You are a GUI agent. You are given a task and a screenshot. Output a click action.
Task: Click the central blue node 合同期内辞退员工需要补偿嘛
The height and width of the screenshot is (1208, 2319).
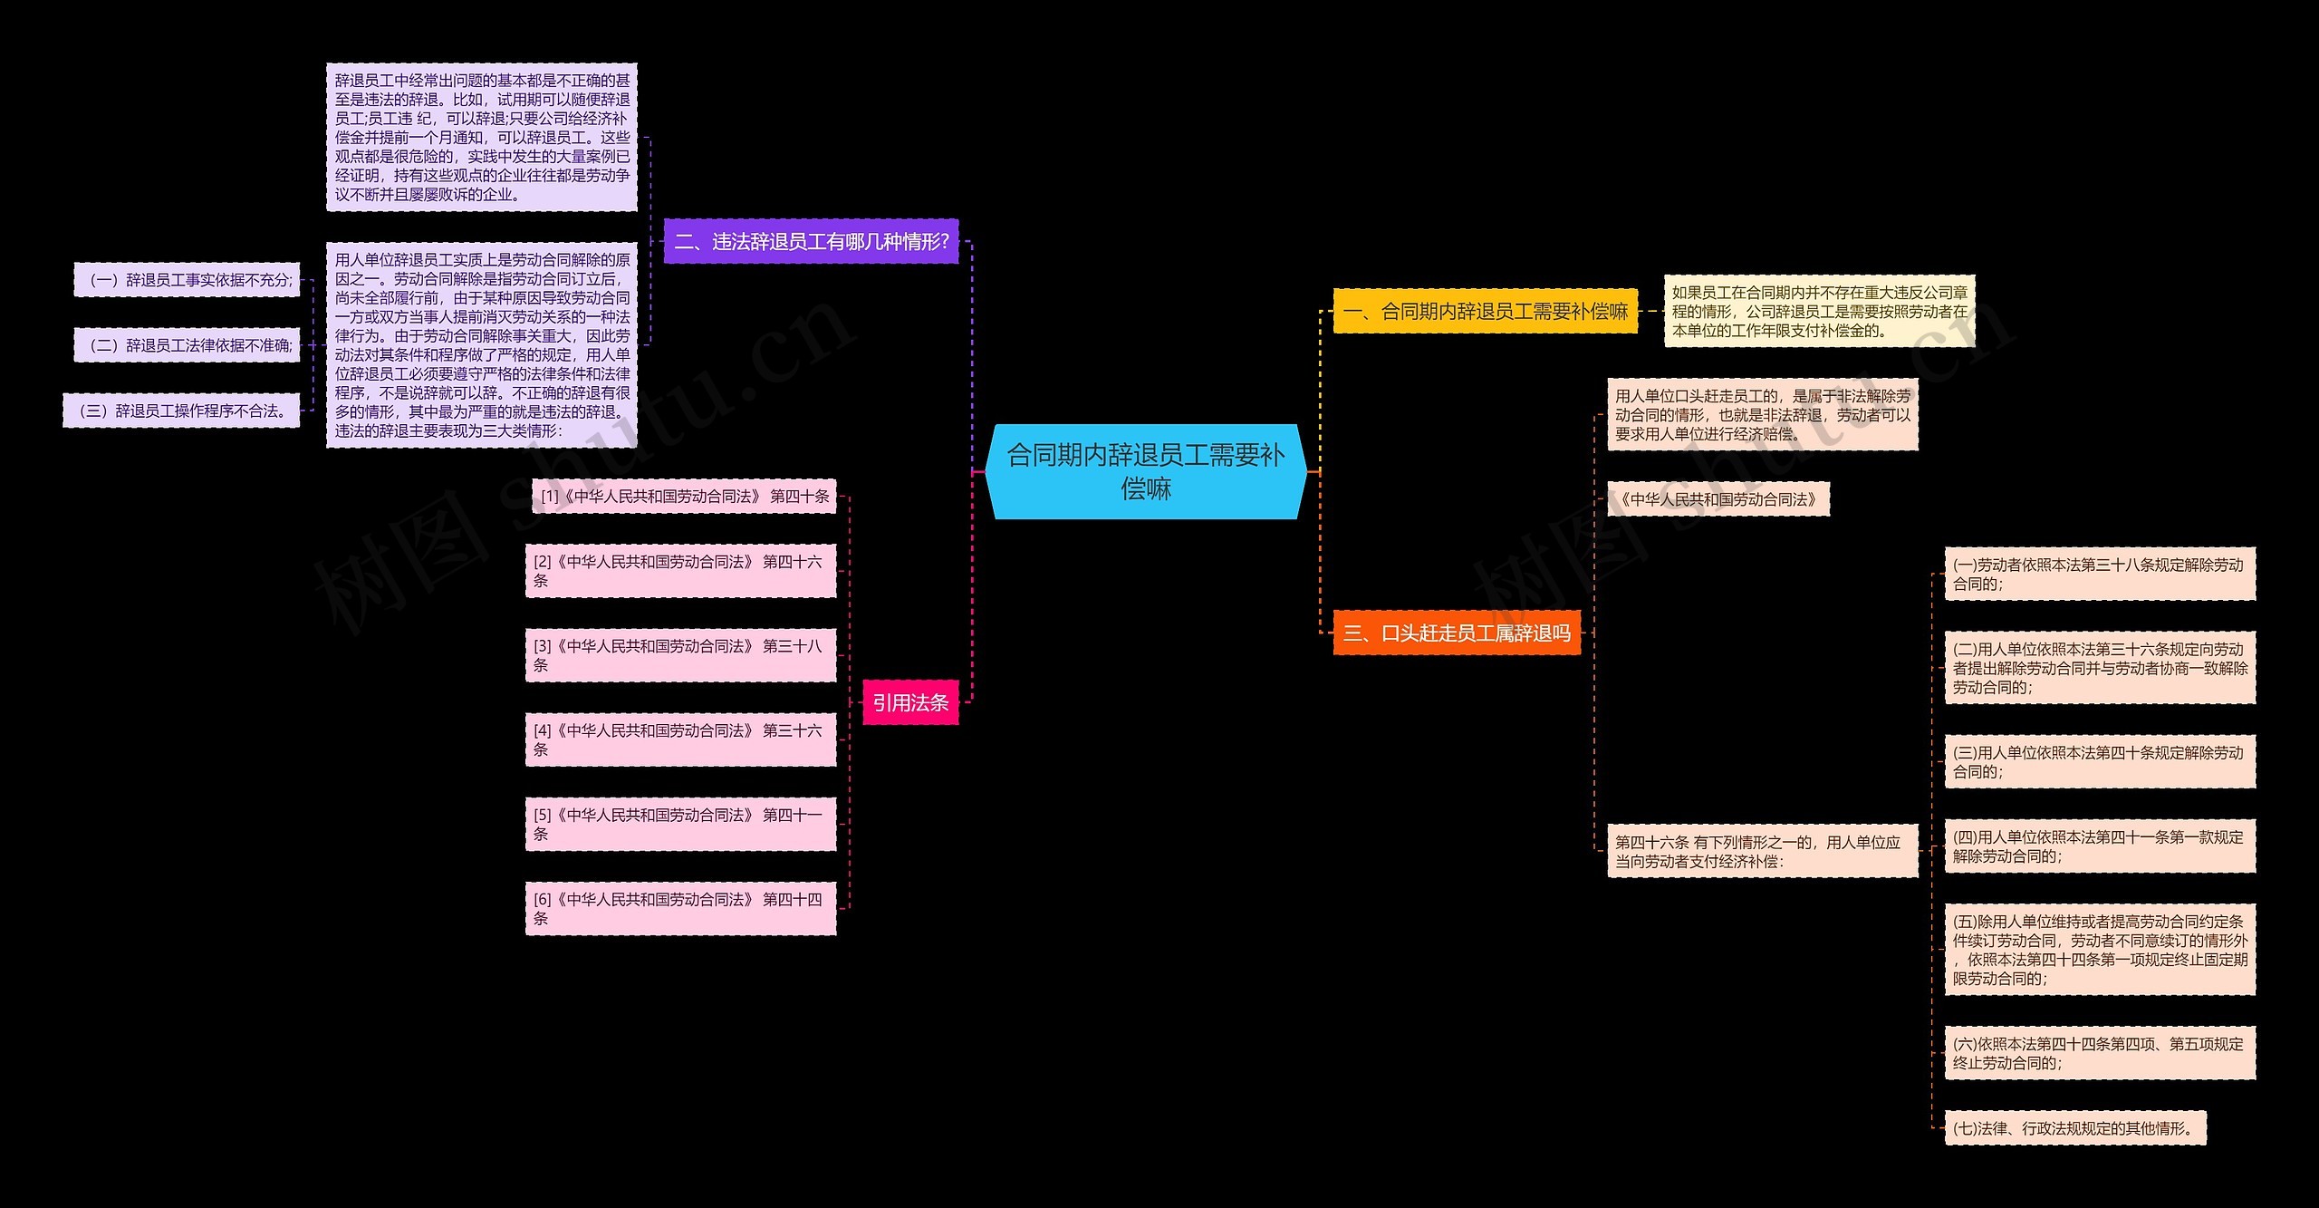coord(1146,471)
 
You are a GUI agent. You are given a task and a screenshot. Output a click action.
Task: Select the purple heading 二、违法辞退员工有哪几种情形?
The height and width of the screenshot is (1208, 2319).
coord(811,241)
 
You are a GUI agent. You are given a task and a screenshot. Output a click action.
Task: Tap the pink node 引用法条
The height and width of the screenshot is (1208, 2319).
coord(910,702)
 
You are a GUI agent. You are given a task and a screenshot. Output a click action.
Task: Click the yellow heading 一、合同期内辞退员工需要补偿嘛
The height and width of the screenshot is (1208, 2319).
coord(1486,311)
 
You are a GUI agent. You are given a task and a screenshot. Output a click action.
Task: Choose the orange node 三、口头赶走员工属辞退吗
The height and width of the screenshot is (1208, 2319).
coord(1457,633)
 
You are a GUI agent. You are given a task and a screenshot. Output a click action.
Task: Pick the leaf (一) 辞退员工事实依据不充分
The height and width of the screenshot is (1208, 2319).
coord(187,280)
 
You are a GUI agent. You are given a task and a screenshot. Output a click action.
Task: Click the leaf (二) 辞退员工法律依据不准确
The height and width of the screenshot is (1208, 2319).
coord(187,345)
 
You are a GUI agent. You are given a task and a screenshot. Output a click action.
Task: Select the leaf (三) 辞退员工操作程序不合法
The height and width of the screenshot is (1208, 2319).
coord(181,411)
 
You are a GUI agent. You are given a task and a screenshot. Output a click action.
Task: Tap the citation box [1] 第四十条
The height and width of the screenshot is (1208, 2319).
coord(684,496)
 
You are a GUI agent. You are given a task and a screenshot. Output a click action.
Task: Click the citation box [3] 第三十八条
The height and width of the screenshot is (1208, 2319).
coord(680,655)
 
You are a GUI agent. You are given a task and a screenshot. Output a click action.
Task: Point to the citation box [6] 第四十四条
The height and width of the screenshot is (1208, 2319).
coord(680,908)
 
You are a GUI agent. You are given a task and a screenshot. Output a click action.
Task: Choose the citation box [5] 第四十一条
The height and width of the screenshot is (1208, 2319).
coord(680,824)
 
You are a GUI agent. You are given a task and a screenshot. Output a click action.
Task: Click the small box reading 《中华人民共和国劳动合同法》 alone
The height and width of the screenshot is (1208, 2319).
coord(1718,499)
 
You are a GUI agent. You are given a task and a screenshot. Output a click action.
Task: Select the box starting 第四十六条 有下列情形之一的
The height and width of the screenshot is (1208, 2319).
coord(1763,851)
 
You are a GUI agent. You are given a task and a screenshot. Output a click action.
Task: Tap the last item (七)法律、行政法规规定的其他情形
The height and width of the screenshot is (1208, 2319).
coord(2075,1128)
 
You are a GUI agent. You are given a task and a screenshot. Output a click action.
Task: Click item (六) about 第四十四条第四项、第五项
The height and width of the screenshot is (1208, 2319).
coord(2100,1053)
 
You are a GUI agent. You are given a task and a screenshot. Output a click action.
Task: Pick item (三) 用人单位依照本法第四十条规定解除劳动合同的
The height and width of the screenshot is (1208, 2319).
coord(2100,761)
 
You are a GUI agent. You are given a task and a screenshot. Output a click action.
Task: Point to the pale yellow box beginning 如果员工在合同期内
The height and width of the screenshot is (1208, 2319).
coord(1819,311)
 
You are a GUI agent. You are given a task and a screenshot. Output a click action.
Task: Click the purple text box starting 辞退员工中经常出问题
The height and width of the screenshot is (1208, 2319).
coord(482,137)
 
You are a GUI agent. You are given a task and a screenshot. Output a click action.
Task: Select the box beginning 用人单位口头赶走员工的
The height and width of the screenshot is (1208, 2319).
coord(1763,414)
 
